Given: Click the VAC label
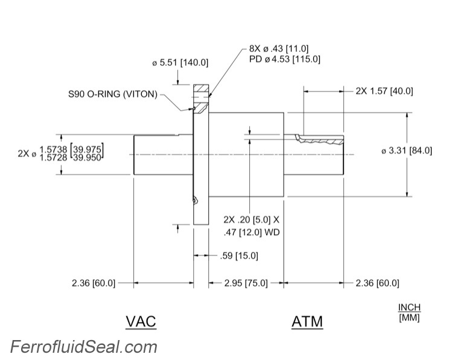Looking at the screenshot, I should (x=141, y=321).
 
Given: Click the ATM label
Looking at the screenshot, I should (x=307, y=321).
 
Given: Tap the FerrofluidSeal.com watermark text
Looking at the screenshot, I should (x=83, y=347).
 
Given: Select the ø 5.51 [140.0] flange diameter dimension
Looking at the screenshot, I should (x=180, y=62).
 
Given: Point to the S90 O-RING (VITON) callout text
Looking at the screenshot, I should (x=113, y=94).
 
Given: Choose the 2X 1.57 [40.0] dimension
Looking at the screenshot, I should (x=384, y=91).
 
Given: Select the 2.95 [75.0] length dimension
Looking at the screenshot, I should (x=246, y=283).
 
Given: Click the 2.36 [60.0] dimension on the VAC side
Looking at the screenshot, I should (x=93, y=283).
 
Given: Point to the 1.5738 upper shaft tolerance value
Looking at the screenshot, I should (x=54, y=149).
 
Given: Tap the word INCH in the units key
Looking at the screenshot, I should (x=409, y=307).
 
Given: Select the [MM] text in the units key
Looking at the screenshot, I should (x=409, y=317).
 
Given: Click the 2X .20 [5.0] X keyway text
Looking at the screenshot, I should (x=252, y=219).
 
